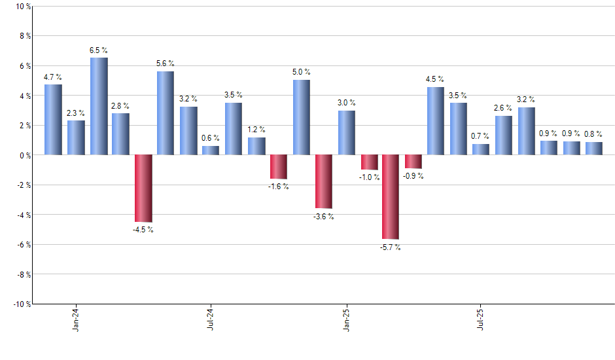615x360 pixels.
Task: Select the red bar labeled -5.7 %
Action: tap(391, 197)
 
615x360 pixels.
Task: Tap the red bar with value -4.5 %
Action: tap(143, 189)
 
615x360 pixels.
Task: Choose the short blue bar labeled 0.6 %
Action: tap(211, 151)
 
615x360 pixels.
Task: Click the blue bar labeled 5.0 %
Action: tap(301, 118)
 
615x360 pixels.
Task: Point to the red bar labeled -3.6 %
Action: tap(323, 181)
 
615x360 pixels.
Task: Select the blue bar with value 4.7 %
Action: tap(54, 120)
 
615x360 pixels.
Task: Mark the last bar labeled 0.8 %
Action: tap(593, 149)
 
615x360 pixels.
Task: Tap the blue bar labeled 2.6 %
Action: tap(503, 135)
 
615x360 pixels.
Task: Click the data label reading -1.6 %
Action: tap(278, 187)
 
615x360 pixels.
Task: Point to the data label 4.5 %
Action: tap(435, 80)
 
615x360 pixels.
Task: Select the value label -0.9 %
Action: tap(413, 176)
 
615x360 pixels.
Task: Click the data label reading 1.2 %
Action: tap(256, 130)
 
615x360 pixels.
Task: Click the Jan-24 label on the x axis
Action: tap(77, 318)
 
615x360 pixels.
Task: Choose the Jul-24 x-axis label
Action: tap(211, 318)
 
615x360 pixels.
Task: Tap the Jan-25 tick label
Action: tap(345, 318)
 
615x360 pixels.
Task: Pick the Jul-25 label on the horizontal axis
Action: tap(480, 318)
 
